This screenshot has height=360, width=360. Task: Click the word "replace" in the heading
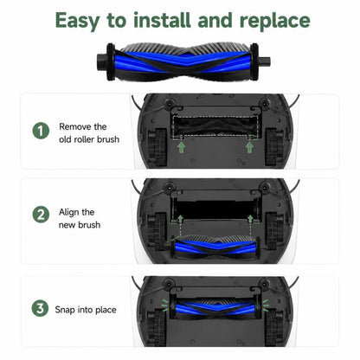click(275, 21)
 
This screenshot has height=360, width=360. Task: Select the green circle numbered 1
click(41, 131)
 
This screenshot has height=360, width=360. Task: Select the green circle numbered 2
click(41, 215)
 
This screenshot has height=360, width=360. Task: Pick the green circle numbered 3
click(40, 308)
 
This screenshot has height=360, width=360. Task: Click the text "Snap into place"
click(86, 310)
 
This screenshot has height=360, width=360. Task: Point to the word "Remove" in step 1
click(75, 126)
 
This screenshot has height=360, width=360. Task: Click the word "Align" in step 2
click(68, 212)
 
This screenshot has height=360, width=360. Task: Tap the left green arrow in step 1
click(181, 147)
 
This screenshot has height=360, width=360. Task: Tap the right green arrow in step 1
click(249, 147)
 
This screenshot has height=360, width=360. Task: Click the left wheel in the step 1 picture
click(157, 148)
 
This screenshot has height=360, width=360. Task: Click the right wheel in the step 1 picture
click(274, 147)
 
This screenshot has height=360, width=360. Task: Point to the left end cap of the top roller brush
click(110, 61)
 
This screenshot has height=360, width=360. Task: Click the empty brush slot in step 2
click(215, 209)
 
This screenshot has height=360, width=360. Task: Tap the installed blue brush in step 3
click(215, 307)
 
